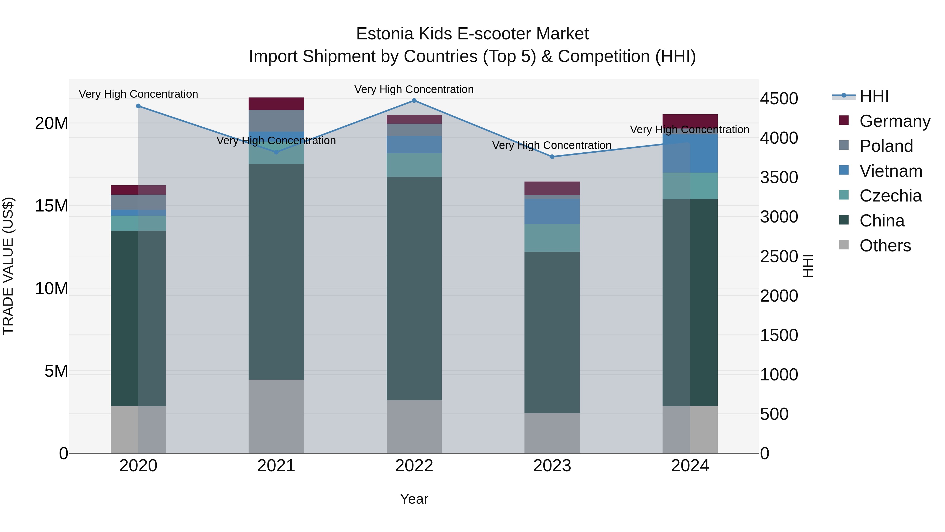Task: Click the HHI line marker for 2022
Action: click(x=414, y=101)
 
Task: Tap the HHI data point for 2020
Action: click(x=138, y=106)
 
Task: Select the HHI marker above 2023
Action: click(x=552, y=157)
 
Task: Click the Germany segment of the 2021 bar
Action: click(x=276, y=104)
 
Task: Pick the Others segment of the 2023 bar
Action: click(x=552, y=433)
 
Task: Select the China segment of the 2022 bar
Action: click(x=414, y=288)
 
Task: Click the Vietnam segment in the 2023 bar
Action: click(x=552, y=211)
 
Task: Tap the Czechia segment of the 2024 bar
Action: click(x=690, y=186)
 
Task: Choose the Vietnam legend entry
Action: click(x=890, y=171)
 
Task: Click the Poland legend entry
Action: click(x=886, y=146)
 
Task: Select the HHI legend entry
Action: click(x=874, y=96)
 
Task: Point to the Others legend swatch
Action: click(x=844, y=245)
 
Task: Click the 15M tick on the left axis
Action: click(x=51, y=206)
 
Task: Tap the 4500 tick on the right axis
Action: click(x=779, y=99)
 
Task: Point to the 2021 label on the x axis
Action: click(x=276, y=466)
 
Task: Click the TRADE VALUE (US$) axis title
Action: click(x=8, y=266)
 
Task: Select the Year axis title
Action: click(x=414, y=499)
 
